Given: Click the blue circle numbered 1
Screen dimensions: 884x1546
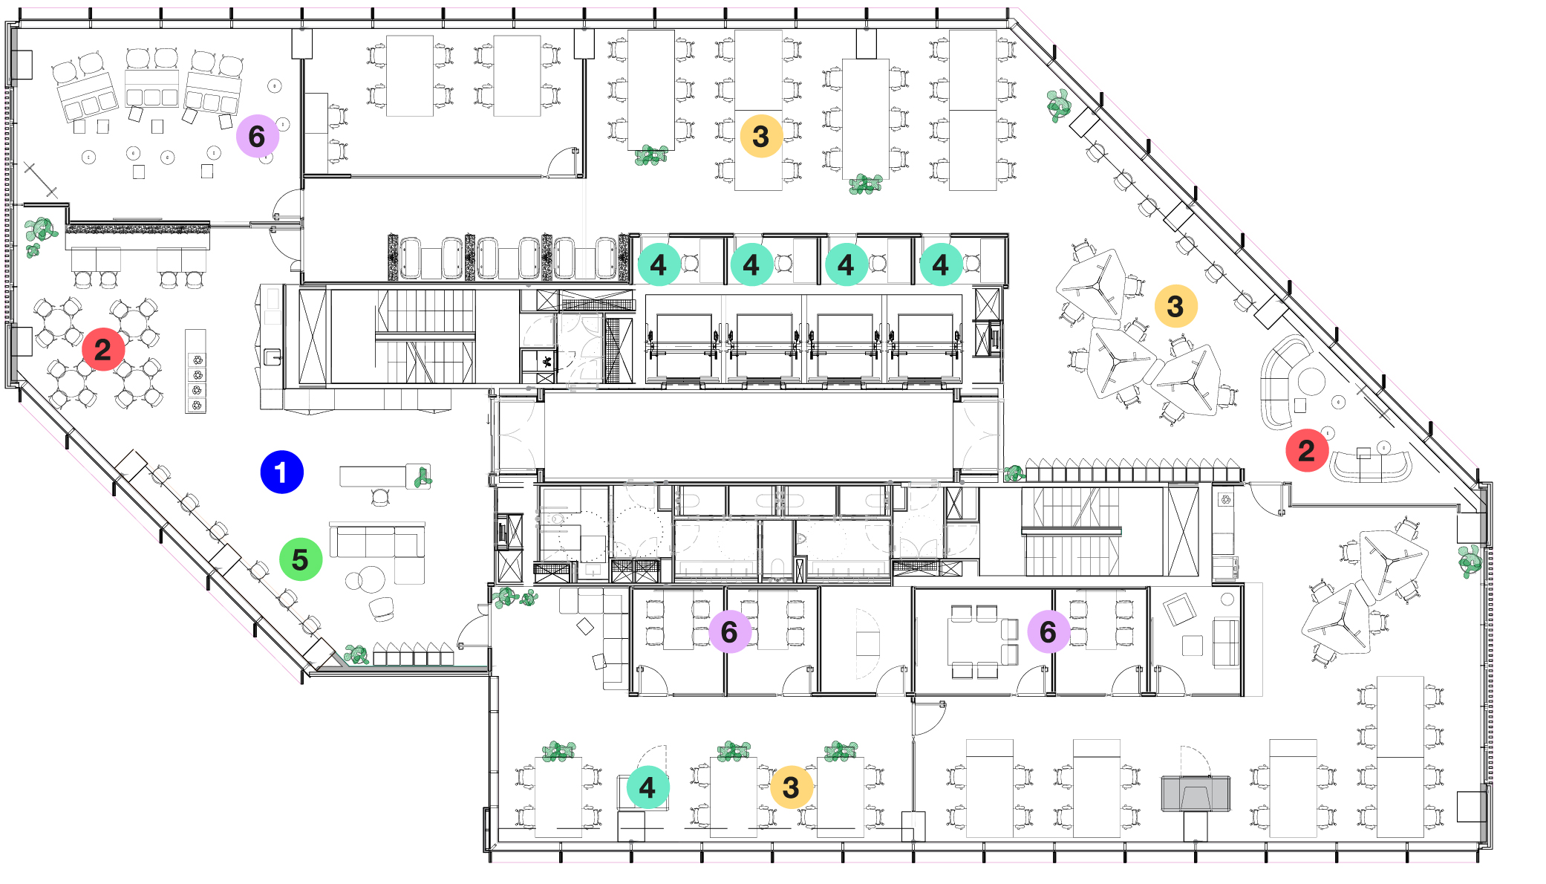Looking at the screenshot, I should tap(281, 472).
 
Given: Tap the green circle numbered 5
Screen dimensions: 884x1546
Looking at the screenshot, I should tap(300, 559).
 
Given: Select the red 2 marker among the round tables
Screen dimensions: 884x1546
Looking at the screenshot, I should tap(102, 349).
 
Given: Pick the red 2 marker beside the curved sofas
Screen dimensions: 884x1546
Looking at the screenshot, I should tap(1306, 450).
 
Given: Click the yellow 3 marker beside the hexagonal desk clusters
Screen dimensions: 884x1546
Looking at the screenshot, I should tap(1175, 306).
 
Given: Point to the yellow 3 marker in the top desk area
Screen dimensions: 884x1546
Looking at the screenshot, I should tap(760, 136).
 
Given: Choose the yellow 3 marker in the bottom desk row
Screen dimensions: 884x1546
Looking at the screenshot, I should tap(791, 787).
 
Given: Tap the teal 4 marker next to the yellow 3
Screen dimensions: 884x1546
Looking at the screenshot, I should tap(647, 787).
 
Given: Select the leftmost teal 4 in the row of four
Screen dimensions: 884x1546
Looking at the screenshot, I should tap(659, 264).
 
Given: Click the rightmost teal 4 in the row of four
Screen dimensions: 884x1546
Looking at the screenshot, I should tap(940, 264).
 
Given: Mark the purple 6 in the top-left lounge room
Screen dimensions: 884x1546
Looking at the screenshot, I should tap(257, 136).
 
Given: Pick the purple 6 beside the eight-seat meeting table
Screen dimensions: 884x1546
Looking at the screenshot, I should tap(1048, 632).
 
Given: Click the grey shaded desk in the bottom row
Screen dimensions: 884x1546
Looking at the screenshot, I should tap(1195, 793).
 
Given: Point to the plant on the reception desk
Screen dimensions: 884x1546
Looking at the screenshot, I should tap(422, 476).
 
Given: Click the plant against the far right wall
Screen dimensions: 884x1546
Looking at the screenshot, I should tap(1470, 561).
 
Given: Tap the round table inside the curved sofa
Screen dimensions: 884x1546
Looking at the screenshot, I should tap(1311, 381).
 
